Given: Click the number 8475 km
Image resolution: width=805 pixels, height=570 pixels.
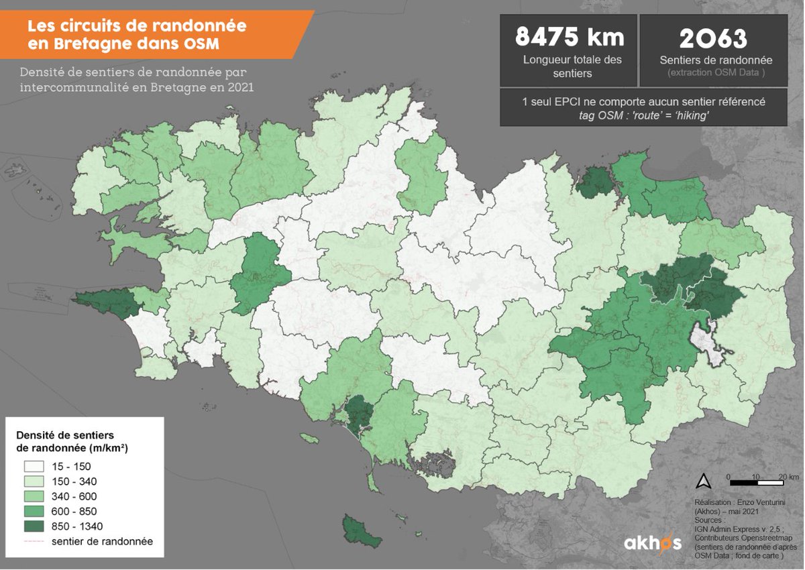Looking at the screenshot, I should pos(569,38).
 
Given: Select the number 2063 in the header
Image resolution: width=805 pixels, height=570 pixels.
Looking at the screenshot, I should pos(712,39).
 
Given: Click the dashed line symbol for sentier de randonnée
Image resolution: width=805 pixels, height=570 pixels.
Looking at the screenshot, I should pos(34,540).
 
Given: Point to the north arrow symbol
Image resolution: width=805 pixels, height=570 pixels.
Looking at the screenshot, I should pos(704,480).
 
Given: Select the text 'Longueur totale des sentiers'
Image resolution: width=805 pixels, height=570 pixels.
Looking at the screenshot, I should pos(572,66).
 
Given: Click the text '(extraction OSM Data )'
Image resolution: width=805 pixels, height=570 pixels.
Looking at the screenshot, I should pos(712,72).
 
